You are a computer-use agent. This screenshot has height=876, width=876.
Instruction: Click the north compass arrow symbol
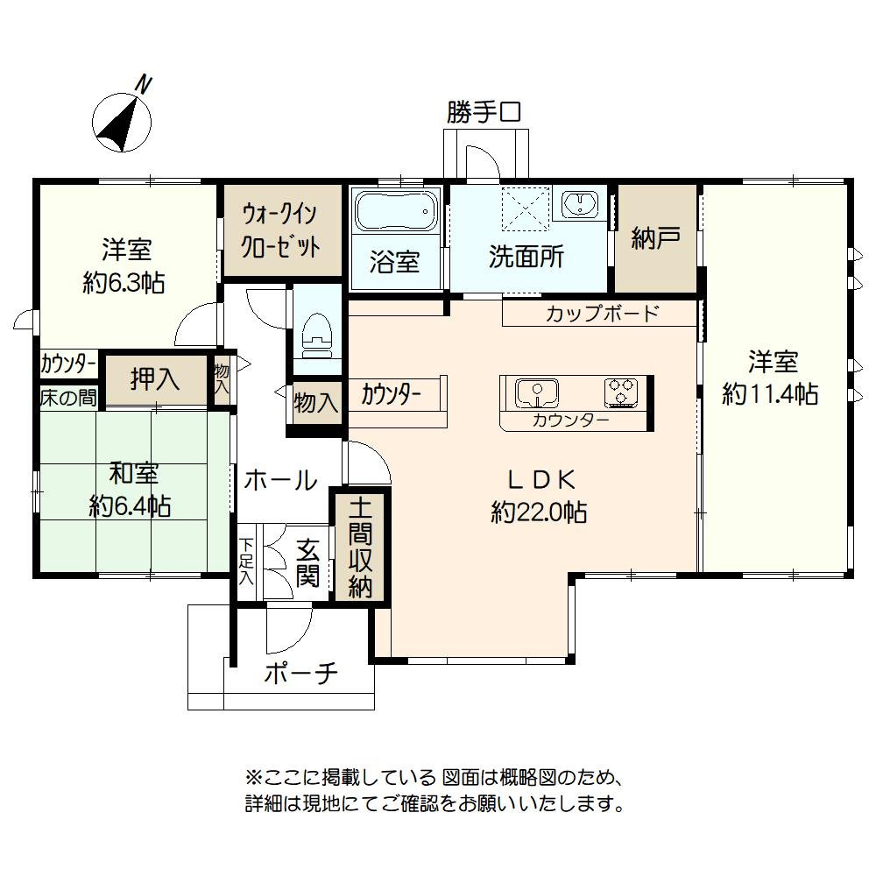click(x=123, y=123)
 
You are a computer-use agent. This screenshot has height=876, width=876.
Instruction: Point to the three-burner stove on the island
click(x=623, y=392)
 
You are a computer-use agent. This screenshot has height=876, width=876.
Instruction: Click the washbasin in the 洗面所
click(x=578, y=206)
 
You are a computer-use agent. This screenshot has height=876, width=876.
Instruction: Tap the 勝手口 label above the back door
click(x=484, y=112)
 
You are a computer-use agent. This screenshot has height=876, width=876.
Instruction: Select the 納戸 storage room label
click(x=655, y=238)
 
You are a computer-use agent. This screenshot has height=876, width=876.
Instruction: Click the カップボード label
click(x=601, y=314)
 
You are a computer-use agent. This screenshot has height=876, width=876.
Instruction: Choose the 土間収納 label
click(x=361, y=547)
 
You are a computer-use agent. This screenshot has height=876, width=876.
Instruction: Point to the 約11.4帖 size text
click(x=771, y=394)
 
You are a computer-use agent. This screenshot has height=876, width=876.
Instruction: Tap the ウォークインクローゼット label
click(x=280, y=230)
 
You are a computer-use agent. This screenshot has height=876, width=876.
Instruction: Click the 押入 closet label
click(x=155, y=379)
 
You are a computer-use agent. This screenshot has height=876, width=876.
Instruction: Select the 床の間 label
click(x=67, y=397)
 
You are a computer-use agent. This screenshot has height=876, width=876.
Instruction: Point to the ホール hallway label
click(x=280, y=480)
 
